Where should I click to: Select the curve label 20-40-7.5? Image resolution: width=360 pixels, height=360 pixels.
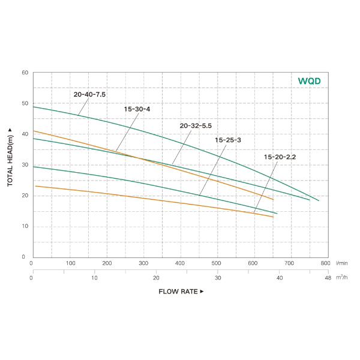(89, 94)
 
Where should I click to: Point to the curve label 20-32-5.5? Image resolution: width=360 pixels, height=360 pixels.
(196, 126)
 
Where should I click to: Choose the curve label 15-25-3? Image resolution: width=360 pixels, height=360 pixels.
(228, 140)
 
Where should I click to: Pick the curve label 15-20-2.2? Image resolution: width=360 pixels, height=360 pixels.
(280, 157)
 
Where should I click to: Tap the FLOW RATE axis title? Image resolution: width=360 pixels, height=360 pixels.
(181, 292)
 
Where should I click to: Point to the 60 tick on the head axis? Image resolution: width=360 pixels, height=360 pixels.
(25, 73)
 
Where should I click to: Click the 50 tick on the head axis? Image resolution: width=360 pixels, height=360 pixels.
(25, 103)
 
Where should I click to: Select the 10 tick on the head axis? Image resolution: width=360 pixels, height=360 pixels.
(25, 226)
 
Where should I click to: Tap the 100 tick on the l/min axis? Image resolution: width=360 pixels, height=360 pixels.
(70, 263)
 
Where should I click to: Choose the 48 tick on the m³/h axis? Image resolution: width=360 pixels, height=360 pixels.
(327, 278)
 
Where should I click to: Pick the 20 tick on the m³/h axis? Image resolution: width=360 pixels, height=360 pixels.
(156, 278)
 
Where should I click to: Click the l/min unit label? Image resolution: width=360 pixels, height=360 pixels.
(343, 263)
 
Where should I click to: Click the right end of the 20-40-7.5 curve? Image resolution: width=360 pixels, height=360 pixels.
(319, 200)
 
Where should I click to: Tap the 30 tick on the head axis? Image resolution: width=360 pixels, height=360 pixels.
(25, 165)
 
